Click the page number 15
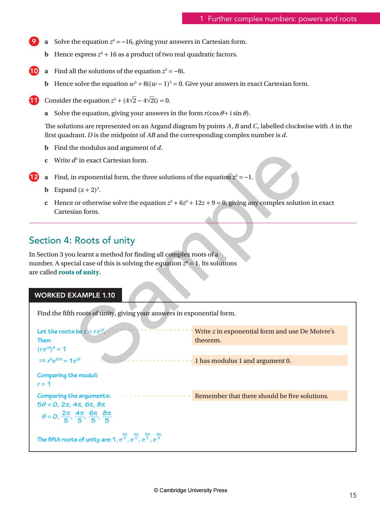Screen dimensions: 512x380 pos(353,495)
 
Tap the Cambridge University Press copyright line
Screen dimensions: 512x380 pos(190,490)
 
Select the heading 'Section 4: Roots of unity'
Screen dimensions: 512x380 pos(82,240)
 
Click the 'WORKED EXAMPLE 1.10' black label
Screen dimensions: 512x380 pos(75,295)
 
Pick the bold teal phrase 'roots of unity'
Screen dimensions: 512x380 pos(79,273)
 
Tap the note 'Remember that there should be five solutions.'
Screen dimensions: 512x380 pos(261,396)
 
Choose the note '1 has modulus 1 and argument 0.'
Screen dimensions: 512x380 pos(243,361)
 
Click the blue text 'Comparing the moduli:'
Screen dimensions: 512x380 pos(68,375)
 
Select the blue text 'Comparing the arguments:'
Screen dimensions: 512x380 pos(74,396)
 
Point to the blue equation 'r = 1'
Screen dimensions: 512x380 pos(44,384)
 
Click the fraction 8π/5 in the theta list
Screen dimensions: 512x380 pos(107,417)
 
